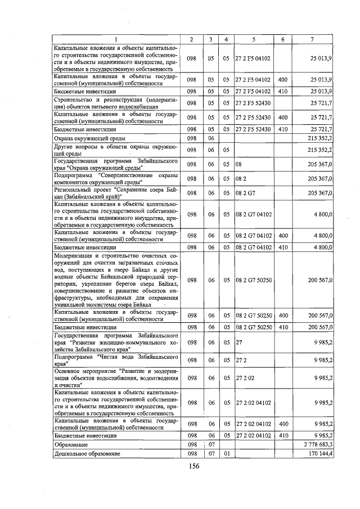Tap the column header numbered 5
253,39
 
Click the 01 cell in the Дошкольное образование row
226,453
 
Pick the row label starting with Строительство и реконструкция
115,103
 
